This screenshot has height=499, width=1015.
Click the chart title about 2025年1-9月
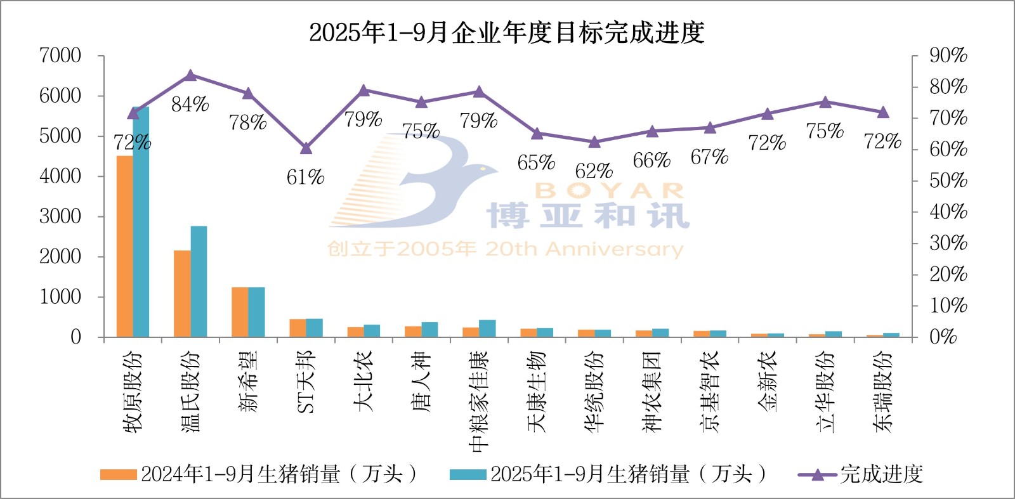506,32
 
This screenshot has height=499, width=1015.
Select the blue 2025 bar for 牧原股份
141,222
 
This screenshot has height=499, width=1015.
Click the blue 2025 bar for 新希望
256,312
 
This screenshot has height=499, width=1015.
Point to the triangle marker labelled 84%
190,76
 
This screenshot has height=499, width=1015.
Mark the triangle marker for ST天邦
306,148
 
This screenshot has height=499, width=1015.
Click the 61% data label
305,178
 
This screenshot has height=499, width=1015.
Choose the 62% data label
594,171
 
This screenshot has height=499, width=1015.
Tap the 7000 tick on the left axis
60,56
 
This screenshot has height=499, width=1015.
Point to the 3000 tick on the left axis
60,216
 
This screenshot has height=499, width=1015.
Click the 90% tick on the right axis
948,56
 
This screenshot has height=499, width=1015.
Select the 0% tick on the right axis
943,337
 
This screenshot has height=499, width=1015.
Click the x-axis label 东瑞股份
882,391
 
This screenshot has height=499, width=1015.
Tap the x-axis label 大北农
363,382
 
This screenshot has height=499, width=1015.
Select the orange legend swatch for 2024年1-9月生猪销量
119,474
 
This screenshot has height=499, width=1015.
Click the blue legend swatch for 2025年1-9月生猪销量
468,474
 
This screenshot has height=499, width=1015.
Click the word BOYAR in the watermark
609,190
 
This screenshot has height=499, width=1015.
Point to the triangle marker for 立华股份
825,102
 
